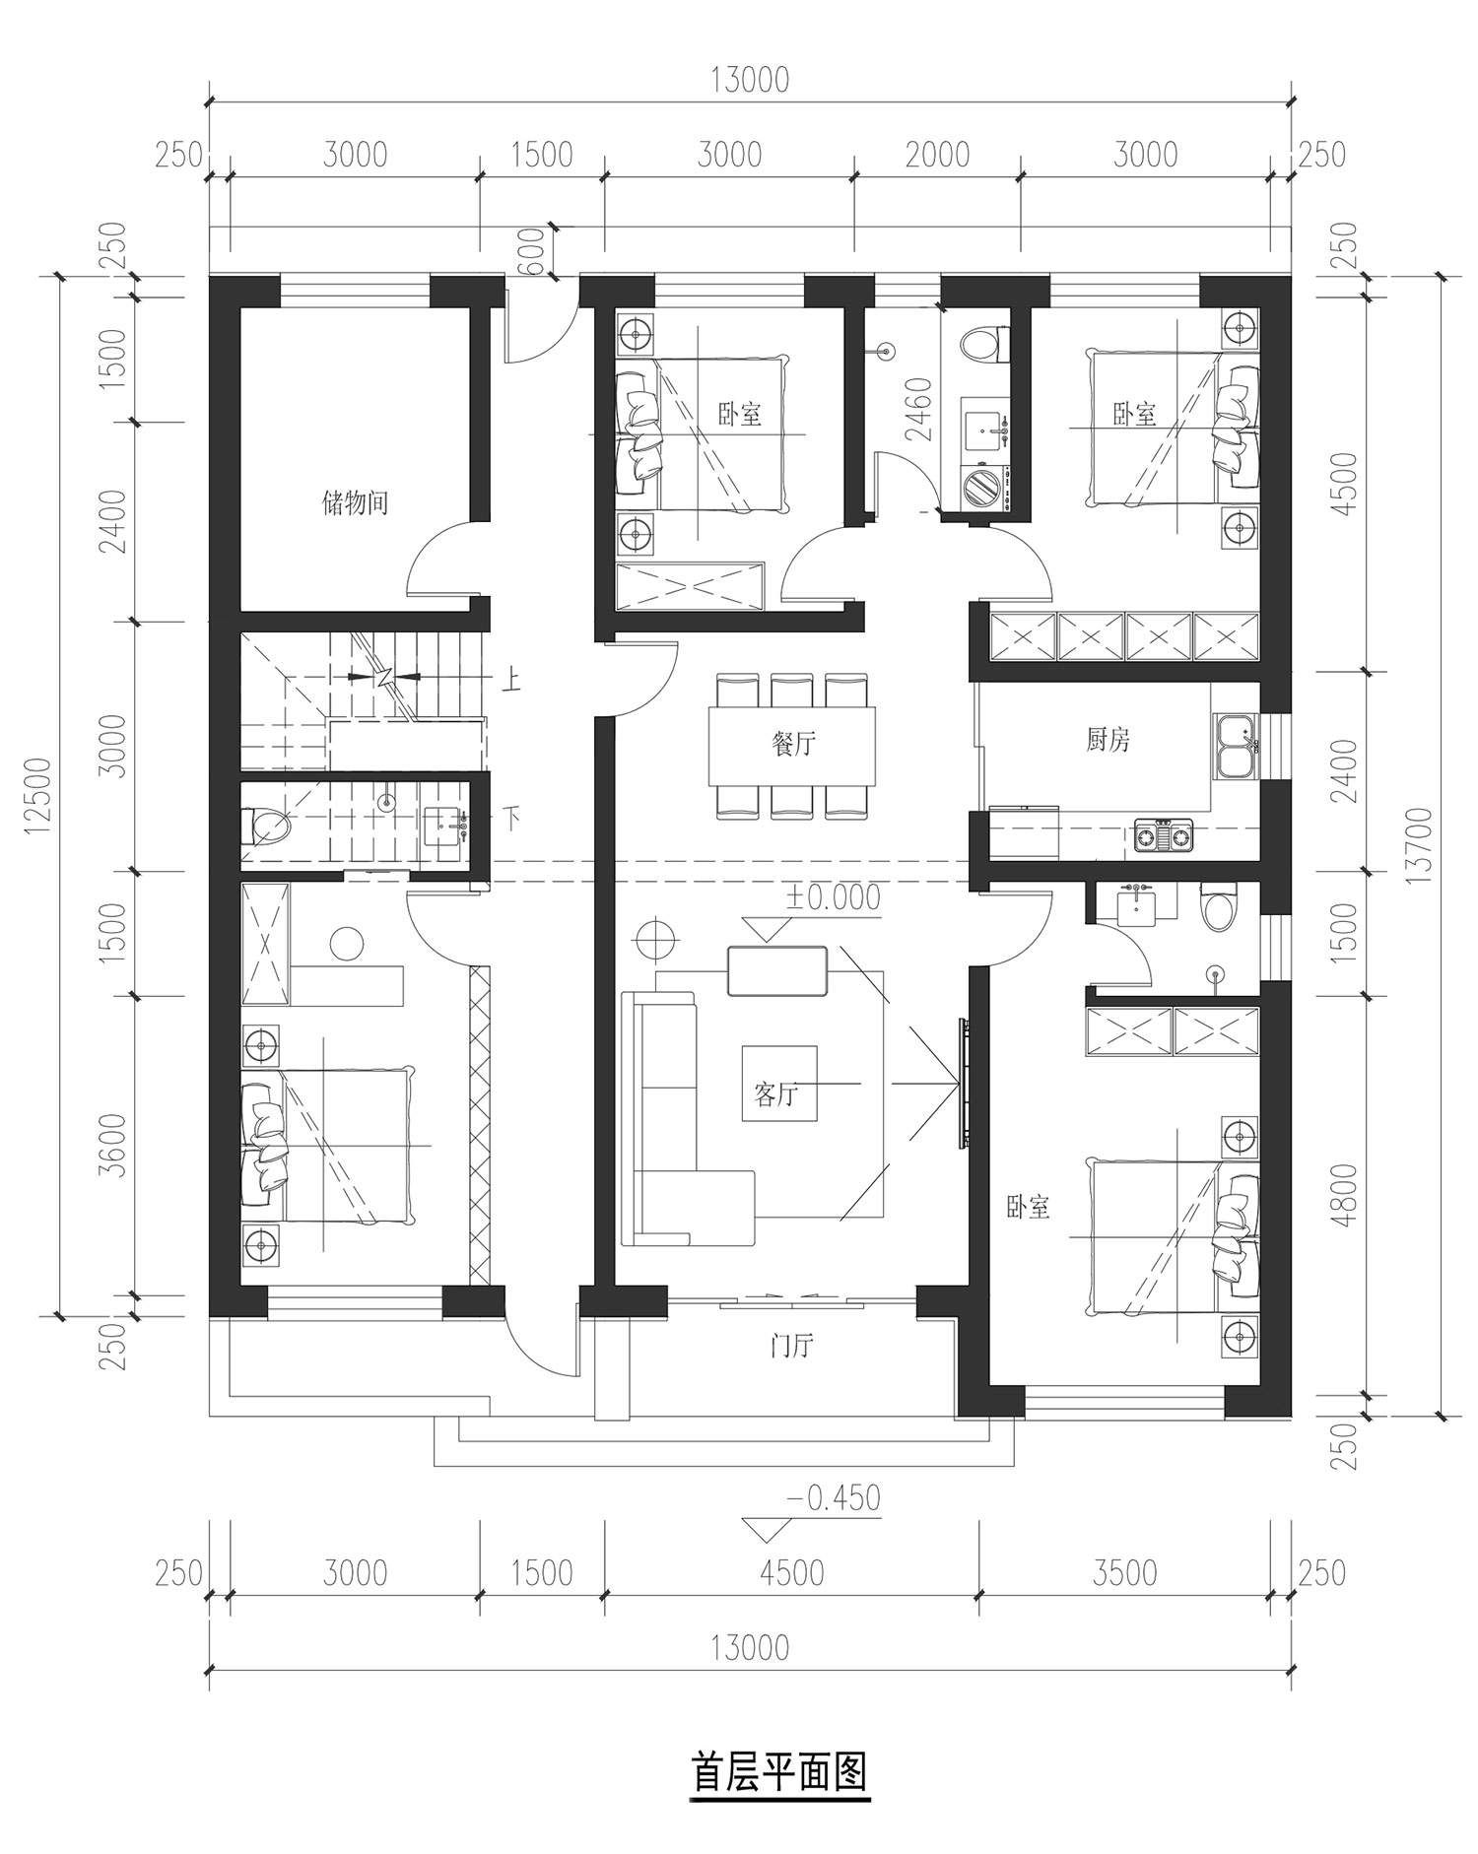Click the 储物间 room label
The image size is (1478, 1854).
tap(355, 503)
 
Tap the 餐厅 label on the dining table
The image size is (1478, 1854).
tap(793, 744)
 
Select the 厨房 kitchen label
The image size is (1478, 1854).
tap(1108, 740)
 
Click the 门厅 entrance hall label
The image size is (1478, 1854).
tap(792, 1346)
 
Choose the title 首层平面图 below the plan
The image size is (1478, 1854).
tap(779, 1771)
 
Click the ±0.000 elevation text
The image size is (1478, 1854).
tap(832, 897)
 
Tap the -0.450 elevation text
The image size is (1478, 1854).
tap(834, 1498)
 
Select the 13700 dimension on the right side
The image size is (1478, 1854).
tap(1419, 845)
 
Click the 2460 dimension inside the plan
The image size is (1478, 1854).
tap(917, 409)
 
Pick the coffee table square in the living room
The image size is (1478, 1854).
tap(779, 1083)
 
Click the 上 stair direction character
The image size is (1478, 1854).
tap(510, 681)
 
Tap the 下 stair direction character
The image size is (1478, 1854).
tap(510, 818)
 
